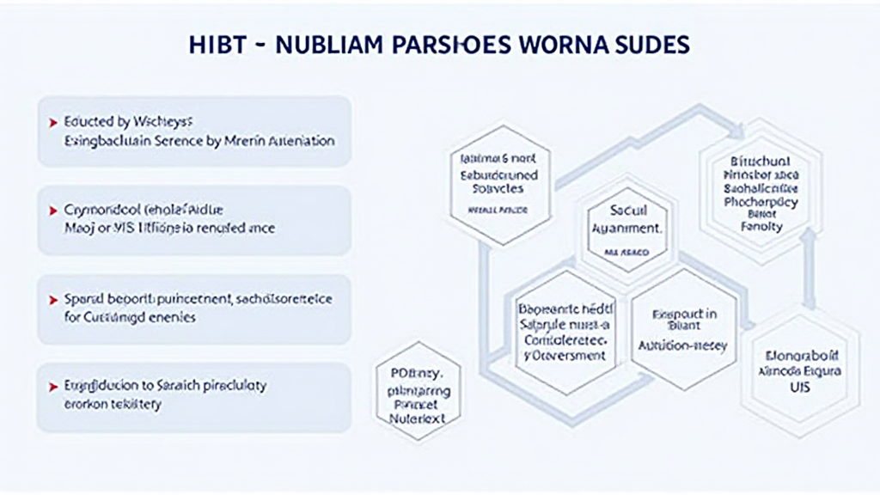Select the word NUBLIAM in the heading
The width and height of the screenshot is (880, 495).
(326, 45)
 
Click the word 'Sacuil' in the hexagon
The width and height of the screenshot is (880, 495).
(626, 210)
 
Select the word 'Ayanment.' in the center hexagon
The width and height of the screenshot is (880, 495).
(626, 229)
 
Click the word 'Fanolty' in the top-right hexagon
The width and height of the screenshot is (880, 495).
(761, 227)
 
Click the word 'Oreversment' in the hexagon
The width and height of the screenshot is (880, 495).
(564, 355)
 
